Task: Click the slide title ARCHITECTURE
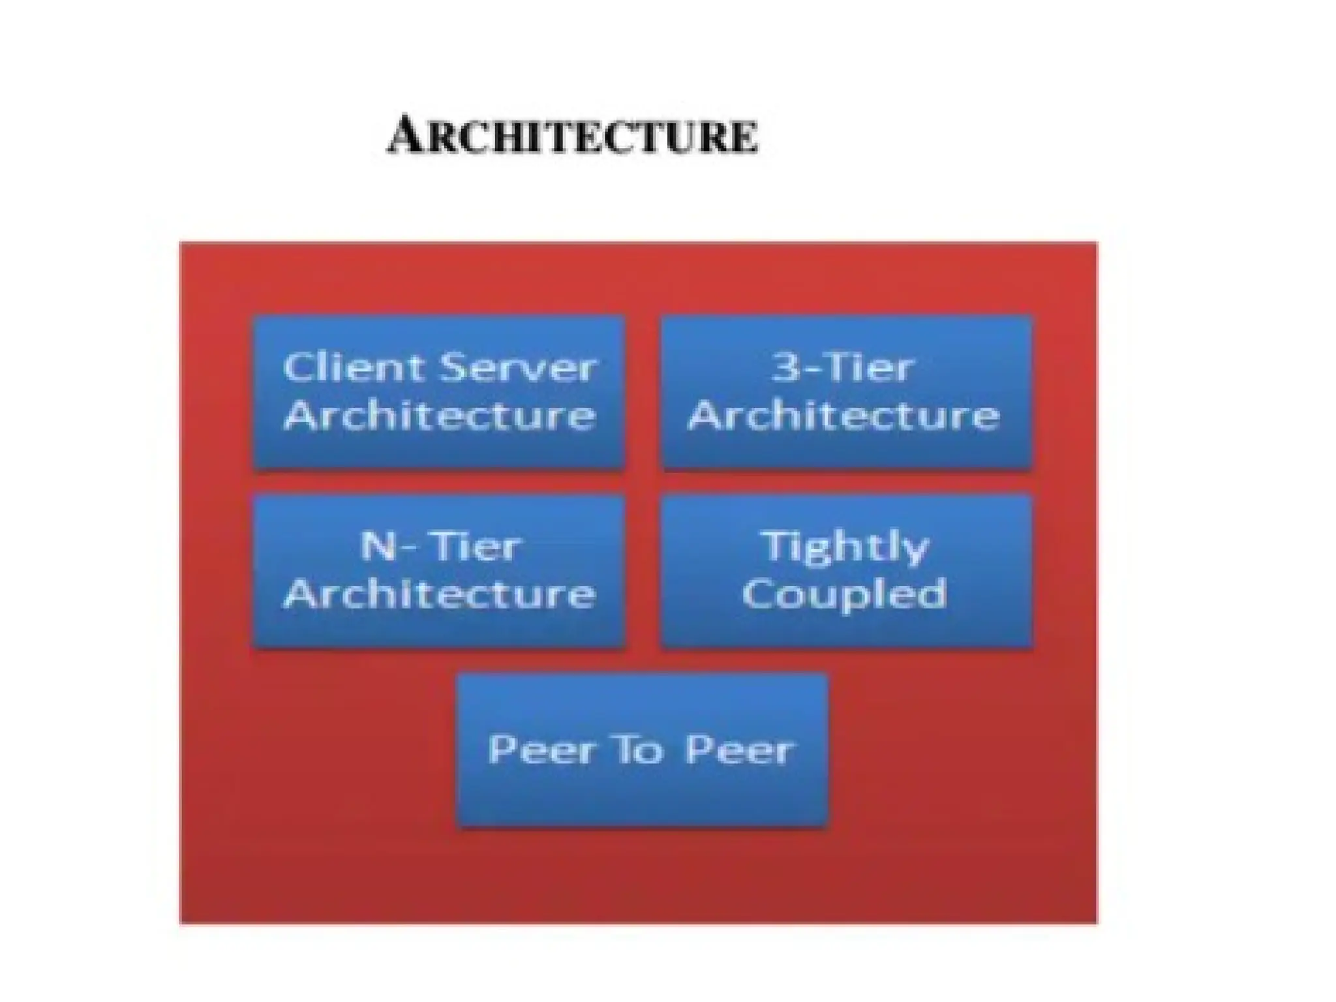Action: click(573, 136)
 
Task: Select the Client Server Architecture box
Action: click(439, 392)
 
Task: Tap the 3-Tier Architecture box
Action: click(846, 392)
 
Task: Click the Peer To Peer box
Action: click(643, 750)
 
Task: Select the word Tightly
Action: click(845, 547)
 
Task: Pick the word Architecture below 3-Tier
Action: click(844, 415)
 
